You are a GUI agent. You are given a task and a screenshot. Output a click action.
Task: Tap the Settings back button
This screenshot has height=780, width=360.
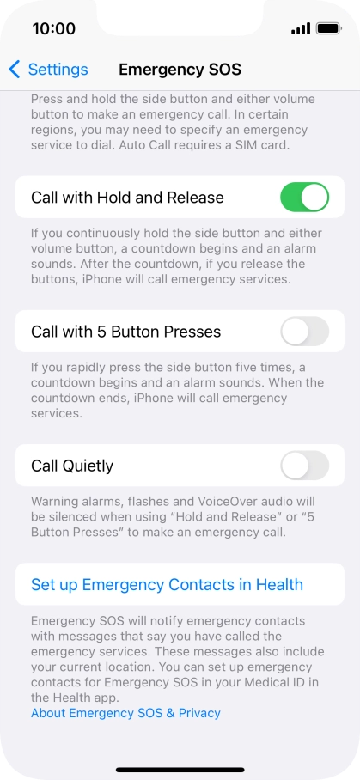tap(49, 70)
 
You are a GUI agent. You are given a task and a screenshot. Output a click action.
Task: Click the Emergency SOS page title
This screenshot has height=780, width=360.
tap(180, 70)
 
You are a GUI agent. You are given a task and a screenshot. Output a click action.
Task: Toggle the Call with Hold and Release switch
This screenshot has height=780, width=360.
tap(304, 198)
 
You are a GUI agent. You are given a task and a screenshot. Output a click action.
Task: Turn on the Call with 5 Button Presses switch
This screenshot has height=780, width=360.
tap(304, 332)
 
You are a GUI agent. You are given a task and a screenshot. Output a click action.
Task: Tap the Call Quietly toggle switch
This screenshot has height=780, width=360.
tap(304, 466)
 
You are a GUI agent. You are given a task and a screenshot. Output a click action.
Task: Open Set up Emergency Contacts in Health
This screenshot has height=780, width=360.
tap(167, 585)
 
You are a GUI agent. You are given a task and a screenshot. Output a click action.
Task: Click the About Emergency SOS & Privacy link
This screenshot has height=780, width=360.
tap(125, 713)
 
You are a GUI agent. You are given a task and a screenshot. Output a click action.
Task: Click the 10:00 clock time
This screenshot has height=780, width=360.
tap(53, 28)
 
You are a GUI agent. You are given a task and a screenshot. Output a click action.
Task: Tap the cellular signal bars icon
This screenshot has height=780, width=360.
tap(300, 28)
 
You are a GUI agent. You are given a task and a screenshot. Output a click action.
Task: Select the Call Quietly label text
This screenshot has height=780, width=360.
tap(72, 466)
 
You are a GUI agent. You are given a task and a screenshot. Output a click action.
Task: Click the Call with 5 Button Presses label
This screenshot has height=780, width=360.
tap(125, 332)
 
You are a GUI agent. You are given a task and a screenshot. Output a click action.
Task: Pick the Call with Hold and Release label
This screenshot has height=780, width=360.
tap(127, 198)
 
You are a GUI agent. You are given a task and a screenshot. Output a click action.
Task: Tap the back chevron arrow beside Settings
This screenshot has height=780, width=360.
tap(15, 70)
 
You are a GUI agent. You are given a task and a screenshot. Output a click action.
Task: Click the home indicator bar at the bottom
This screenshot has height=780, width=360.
tap(180, 769)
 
